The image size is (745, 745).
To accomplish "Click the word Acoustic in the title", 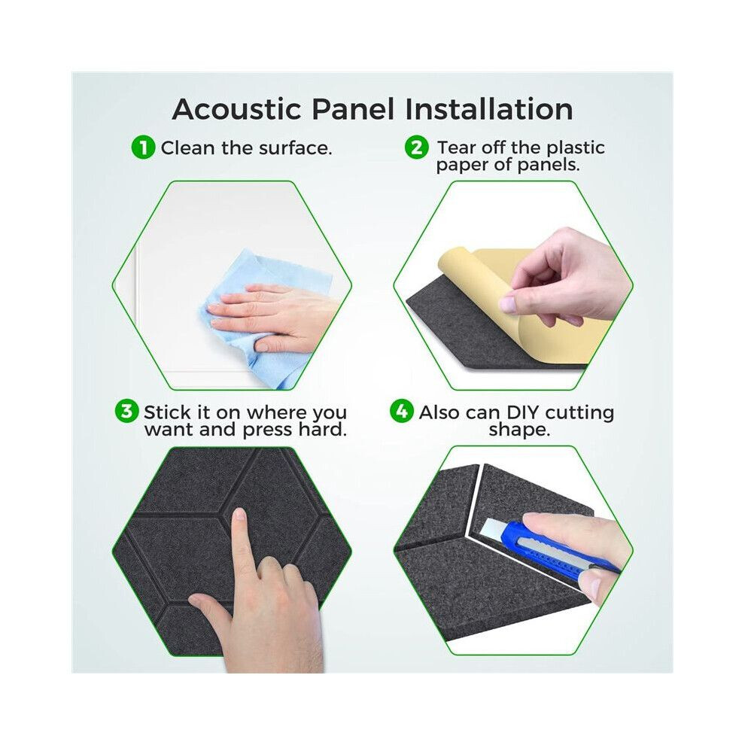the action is pyautogui.click(x=236, y=109).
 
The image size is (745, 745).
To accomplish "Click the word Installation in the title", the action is pyautogui.click(x=489, y=109).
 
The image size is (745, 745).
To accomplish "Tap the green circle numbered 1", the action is pyautogui.click(x=143, y=147).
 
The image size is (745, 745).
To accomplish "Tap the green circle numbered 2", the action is pyautogui.click(x=417, y=147).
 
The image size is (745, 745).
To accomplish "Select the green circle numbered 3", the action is pyautogui.click(x=126, y=411).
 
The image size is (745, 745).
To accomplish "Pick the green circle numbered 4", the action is pyautogui.click(x=402, y=411).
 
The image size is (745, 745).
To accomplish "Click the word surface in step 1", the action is pyautogui.click(x=293, y=148).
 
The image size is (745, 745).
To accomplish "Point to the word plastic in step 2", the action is pyautogui.click(x=576, y=148).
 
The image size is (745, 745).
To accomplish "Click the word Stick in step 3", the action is pyautogui.click(x=167, y=412).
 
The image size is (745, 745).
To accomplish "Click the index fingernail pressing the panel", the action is pyautogui.click(x=239, y=514).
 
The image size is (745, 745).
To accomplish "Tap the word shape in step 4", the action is pyautogui.click(x=519, y=430).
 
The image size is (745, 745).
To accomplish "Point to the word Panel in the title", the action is pyautogui.click(x=353, y=109).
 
